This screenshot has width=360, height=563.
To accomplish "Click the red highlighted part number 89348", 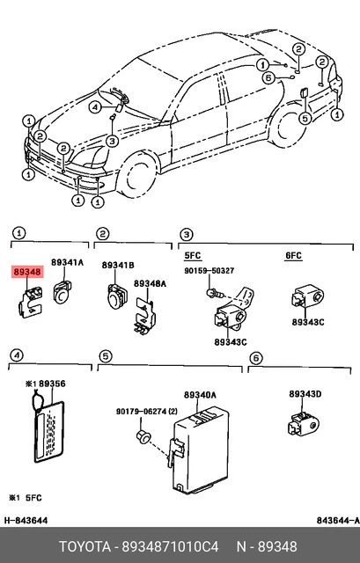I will [x=26, y=274].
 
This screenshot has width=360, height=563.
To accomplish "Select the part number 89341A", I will [x=67, y=263].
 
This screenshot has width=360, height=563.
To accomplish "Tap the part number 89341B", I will [x=118, y=265].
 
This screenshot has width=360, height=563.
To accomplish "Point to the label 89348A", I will [x=151, y=283].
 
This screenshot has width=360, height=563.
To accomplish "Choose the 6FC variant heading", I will [x=292, y=255].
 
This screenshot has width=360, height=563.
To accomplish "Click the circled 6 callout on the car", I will [x=268, y=77].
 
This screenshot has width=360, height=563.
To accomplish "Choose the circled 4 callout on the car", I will [x=94, y=106].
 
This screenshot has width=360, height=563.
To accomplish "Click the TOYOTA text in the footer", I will [x=87, y=547].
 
